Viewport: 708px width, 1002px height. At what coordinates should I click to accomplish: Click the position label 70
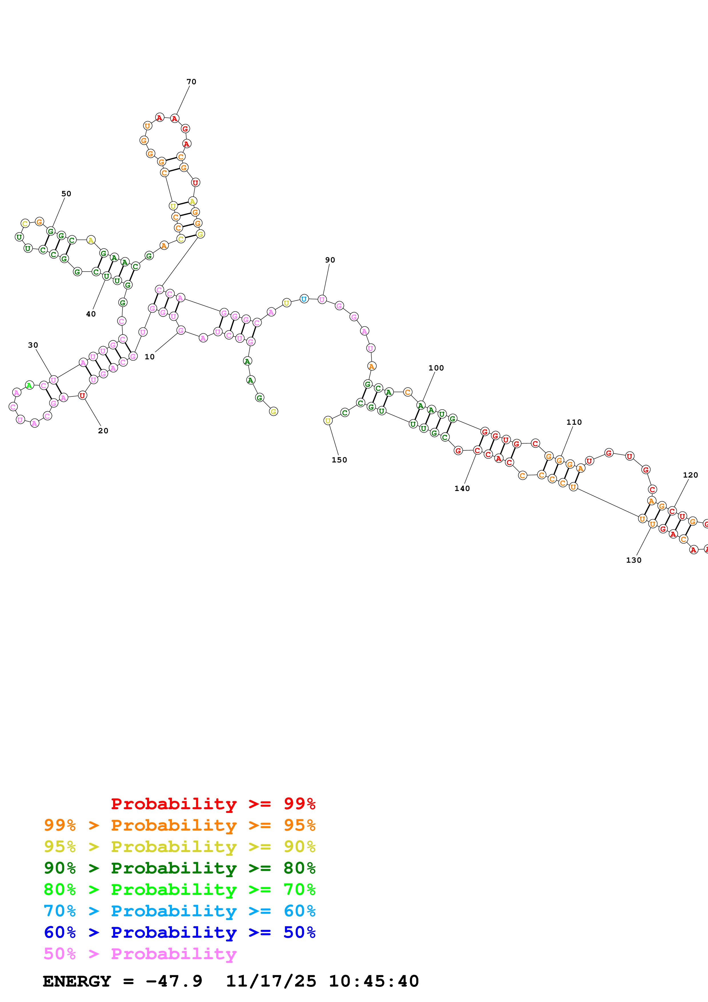[191, 82]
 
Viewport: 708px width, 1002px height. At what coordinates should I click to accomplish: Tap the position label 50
[66, 193]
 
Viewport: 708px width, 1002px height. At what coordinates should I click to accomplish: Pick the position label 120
[690, 474]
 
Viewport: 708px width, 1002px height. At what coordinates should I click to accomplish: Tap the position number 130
[633, 560]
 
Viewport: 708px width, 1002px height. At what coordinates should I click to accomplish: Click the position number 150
[339, 460]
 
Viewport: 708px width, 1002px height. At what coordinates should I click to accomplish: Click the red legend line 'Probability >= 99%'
[213, 803]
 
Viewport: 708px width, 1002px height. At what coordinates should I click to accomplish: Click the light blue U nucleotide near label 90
[304, 299]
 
